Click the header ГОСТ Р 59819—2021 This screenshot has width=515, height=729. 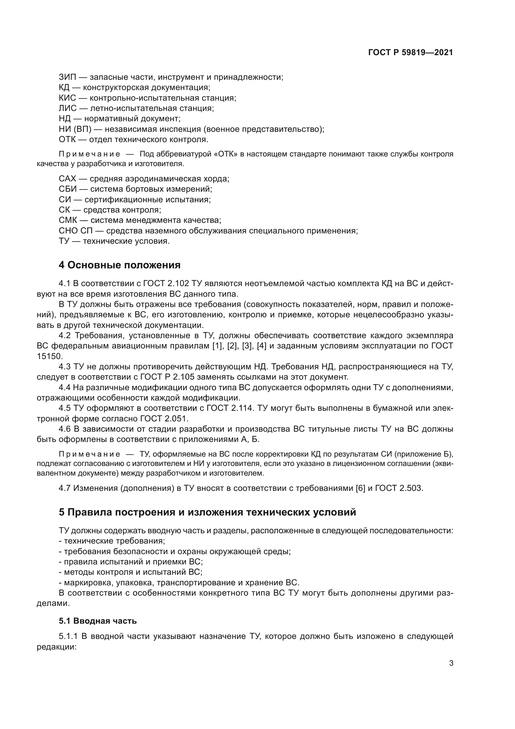(x=411, y=52)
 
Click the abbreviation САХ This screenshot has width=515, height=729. (x=67, y=179)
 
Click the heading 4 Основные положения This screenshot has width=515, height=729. (x=120, y=265)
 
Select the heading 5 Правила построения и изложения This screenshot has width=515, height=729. (x=207, y=512)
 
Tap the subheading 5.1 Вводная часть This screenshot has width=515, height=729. (x=98, y=621)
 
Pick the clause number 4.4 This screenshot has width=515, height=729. (x=65, y=387)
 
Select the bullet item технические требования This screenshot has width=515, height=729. (x=114, y=541)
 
